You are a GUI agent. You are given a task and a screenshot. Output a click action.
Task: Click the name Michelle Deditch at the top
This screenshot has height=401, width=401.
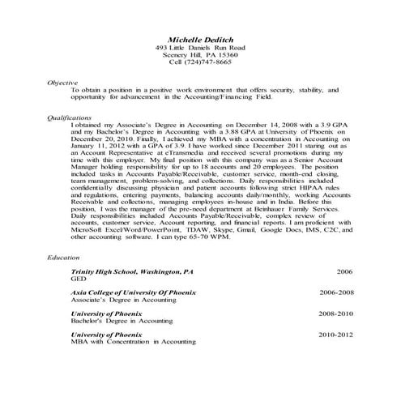(199, 39)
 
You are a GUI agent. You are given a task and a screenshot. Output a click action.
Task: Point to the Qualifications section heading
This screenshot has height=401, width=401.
(70, 117)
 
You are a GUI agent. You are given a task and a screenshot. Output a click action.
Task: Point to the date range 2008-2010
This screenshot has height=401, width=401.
(336, 312)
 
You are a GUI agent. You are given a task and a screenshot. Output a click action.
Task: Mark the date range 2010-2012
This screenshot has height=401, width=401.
(336, 333)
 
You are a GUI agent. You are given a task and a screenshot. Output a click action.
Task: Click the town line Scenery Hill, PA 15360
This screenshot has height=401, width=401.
(199, 55)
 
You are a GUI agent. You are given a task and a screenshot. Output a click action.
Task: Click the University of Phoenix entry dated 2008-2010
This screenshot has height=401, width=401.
(106, 312)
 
